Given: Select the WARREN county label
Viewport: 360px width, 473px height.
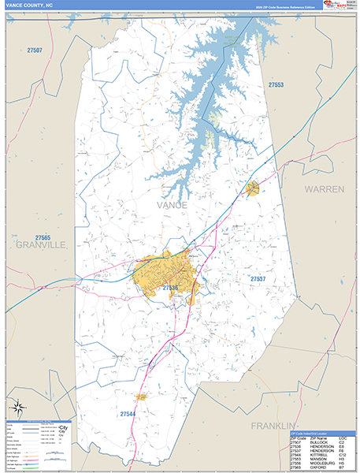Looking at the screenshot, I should click(325, 190).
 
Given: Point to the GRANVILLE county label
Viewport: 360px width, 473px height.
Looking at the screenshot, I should click(41, 245).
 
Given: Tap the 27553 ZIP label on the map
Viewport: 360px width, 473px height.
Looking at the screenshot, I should click(275, 84).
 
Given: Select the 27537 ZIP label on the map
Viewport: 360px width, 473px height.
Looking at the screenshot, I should click(258, 280).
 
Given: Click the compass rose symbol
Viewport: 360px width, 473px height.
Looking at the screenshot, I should click(17, 408).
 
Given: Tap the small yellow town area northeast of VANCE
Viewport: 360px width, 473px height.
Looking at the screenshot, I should click(252, 188).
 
